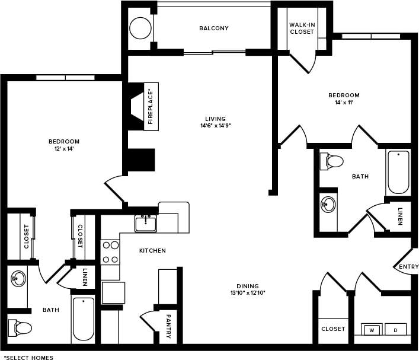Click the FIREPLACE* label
[x=151, y=107]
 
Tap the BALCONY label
[x=214, y=28]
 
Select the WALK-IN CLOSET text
[x=302, y=28]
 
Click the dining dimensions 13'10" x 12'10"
[x=248, y=292]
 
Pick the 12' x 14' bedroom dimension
[x=63, y=149]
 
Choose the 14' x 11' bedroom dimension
[x=344, y=103]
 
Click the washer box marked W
[x=372, y=329]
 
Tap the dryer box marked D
[x=395, y=329]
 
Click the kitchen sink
[x=145, y=224]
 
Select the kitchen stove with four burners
[x=110, y=251]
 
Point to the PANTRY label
[x=168, y=326]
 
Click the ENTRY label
[x=408, y=267]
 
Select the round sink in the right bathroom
[x=328, y=205]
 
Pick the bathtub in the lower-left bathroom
[x=83, y=320]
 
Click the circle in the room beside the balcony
[x=141, y=28]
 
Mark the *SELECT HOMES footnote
[x=28, y=357]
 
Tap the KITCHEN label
[x=152, y=251]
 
